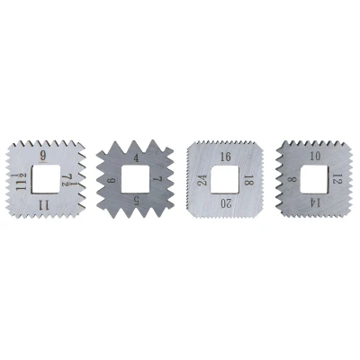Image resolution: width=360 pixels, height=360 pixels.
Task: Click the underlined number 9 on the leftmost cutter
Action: pyautogui.click(x=43, y=156)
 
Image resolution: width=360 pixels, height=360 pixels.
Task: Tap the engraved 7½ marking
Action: pyautogui.click(x=66, y=181)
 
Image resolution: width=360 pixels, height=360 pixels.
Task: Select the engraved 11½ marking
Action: pyautogui.click(x=22, y=182)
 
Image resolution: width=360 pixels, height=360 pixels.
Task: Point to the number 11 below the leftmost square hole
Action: pyautogui.click(x=44, y=205)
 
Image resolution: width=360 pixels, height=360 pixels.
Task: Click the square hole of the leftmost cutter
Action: pyautogui.click(x=46, y=180)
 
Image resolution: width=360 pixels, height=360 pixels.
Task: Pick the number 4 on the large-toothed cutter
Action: pyautogui.click(x=136, y=158)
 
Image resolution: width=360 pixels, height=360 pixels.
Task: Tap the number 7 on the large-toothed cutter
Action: pyautogui.click(x=157, y=180)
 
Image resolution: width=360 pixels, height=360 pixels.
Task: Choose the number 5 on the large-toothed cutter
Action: pyautogui.click(x=136, y=201)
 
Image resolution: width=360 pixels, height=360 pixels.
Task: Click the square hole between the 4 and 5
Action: pyautogui.click(x=135, y=179)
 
